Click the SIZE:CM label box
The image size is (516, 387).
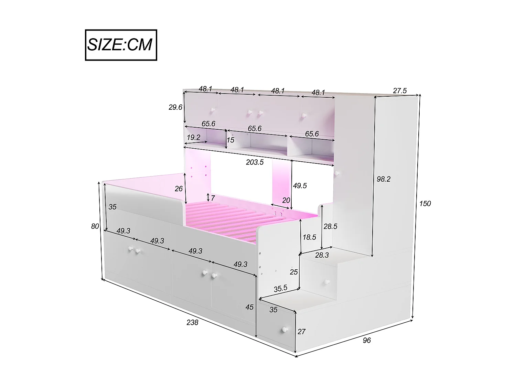point(121,45)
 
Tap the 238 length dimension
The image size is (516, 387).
point(192,322)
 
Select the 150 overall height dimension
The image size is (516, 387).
point(425,204)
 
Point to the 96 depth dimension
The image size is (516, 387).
point(367,340)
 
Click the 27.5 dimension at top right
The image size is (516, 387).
point(400,91)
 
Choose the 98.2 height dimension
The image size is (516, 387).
point(383,179)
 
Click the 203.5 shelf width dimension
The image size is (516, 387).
point(255,162)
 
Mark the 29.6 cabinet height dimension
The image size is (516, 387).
point(175,107)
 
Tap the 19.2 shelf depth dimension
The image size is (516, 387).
point(193,138)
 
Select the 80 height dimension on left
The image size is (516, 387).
point(95,226)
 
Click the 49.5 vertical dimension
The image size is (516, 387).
point(300,186)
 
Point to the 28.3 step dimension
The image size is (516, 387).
point(322,255)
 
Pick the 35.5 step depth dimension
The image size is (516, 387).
point(280,289)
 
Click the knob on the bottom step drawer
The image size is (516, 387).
point(284,330)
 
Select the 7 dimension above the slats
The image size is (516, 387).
point(213,198)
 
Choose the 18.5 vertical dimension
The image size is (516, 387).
point(309,237)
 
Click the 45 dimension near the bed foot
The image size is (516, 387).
point(249,307)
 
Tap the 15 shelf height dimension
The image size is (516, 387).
point(230,140)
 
